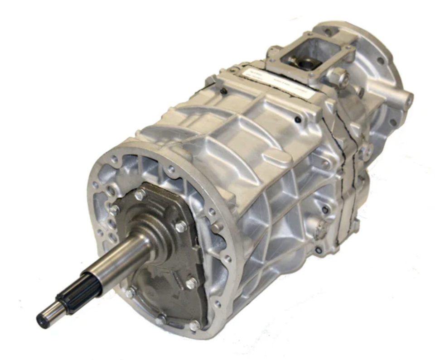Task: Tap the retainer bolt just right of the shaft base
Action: (x=181, y=226)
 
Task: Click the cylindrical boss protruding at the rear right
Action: (x=406, y=100)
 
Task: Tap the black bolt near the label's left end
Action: (x=224, y=92)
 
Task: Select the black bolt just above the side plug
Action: (x=325, y=210)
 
